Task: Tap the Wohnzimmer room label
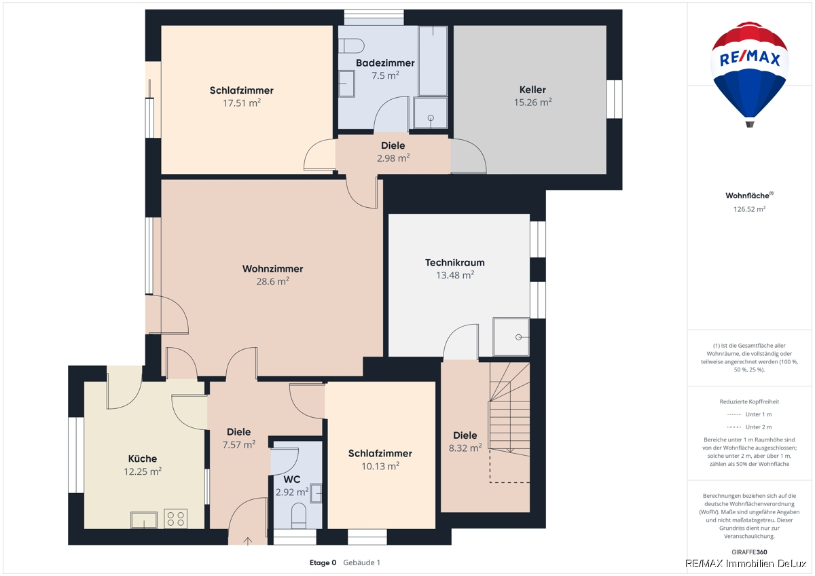(x=272, y=269)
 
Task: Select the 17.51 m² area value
(x=242, y=103)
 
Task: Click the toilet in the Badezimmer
(x=352, y=46)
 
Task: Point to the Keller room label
(x=532, y=90)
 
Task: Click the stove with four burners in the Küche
(x=176, y=518)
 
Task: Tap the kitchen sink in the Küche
(x=144, y=520)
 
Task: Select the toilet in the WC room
(x=299, y=516)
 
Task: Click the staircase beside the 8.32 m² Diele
(x=509, y=422)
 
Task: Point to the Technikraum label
(x=455, y=263)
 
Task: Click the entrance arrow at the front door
(x=248, y=541)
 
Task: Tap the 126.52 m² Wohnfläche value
(x=749, y=209)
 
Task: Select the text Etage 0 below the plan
(x=323, y=562)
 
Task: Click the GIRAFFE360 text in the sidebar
(x=749, y=552)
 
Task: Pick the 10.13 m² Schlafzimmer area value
(x=380, y=466)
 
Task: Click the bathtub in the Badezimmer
(x=433, y=60)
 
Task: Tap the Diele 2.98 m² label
(x=393, y=151)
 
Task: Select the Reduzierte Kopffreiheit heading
(x=749, y=401)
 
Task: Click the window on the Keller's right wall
(x=614, y=99)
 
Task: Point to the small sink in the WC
(x=316, y=493)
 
